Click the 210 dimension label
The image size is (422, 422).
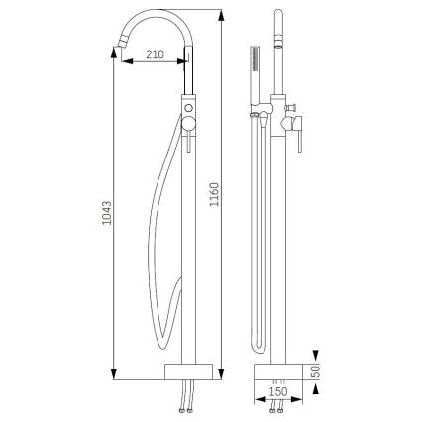(x=154, y=53)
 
